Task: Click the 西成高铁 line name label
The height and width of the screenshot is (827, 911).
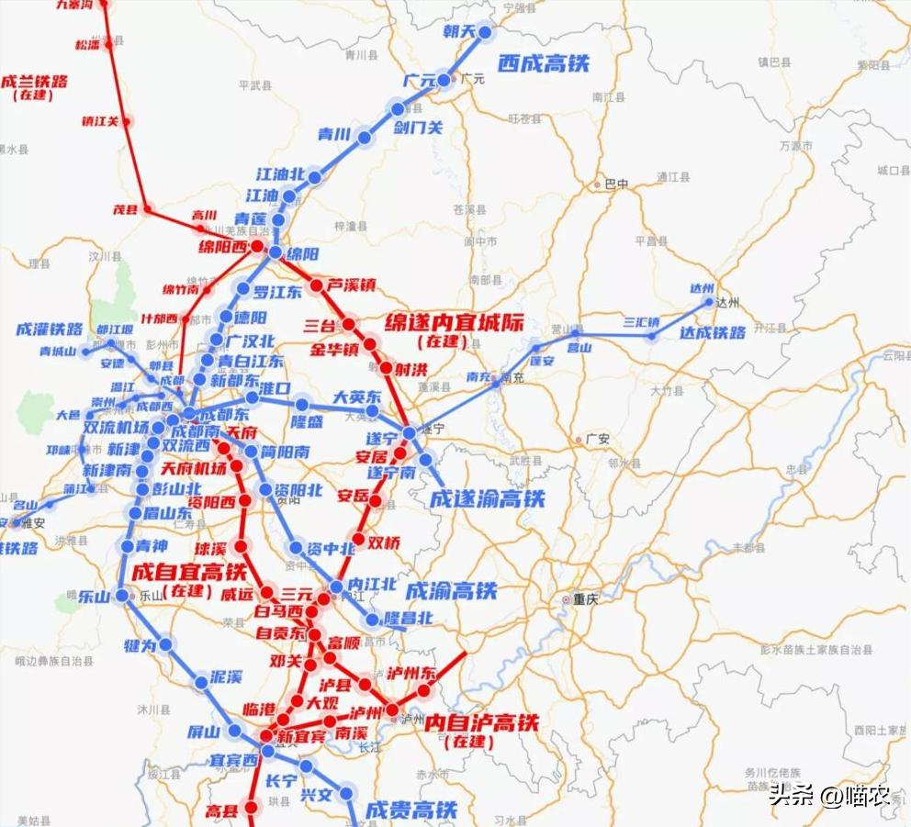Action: tap(543, 63)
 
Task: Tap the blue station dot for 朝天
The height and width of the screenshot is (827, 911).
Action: tap(485, 32)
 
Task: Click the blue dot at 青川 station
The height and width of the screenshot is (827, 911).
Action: tap(365, 138)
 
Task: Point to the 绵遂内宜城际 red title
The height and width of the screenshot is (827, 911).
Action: tap(444, 324)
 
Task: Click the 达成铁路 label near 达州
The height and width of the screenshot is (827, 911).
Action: tap(713, 333)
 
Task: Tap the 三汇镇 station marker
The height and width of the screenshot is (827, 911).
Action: tap(651, 336)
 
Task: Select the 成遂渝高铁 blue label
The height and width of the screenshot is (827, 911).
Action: tap(487, 499)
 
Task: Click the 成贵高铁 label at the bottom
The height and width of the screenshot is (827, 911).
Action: tap(411, 810)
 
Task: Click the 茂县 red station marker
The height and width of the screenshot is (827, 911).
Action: tap(147, 209)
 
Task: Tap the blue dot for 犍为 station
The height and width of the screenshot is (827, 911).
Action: tap(166, 645)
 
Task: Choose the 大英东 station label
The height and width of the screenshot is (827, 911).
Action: tap(356, 397)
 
